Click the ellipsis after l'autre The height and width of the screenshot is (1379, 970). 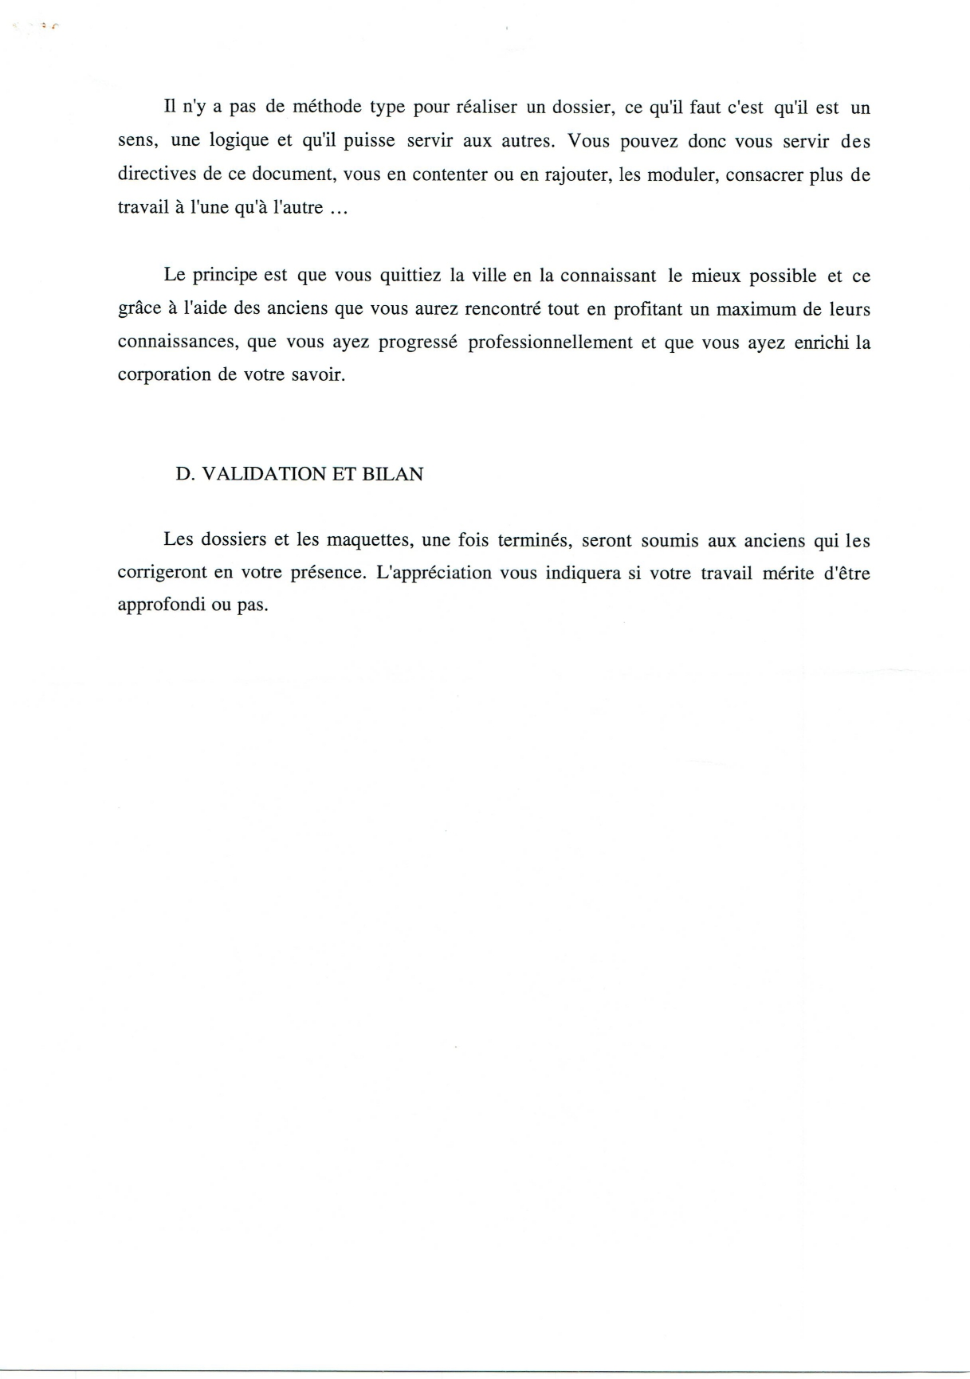click(x=338, y=210)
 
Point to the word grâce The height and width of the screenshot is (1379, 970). click(x=139, y=310)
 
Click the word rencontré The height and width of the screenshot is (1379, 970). click(x=504, y=309)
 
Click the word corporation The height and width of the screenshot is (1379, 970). click(x=163, y=375)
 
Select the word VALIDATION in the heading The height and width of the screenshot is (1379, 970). click(x=261, y=474)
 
